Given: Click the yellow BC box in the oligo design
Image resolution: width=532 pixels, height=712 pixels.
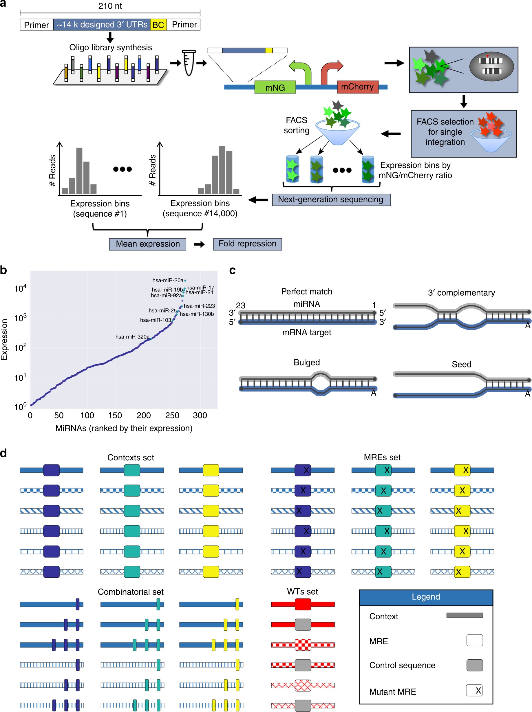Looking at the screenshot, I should (158, 25).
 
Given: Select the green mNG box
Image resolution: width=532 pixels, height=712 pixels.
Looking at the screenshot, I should (275, 87).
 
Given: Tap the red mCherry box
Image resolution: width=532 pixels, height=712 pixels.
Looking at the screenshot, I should (357, 87).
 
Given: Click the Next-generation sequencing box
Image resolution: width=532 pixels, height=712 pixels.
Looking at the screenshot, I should (331, 199).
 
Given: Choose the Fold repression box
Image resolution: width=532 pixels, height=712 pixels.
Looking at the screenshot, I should (247, 244).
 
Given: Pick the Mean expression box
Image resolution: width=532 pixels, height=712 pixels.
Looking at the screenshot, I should (147, 244).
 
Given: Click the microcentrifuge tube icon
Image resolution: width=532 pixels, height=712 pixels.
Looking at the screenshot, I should (189, 63).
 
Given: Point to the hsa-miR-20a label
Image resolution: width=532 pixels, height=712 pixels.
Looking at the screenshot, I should (168, 280).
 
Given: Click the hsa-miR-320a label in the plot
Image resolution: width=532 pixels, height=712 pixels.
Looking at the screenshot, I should (132, 337).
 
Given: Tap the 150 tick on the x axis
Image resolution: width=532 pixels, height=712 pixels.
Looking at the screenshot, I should (115, 415).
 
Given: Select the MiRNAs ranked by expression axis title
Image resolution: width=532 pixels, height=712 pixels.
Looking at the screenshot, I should (124, 428).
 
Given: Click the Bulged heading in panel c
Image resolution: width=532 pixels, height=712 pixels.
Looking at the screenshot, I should (307, 363).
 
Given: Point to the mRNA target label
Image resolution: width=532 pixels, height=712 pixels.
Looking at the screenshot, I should (307, 332).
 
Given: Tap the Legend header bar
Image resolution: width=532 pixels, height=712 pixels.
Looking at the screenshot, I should (426, 597).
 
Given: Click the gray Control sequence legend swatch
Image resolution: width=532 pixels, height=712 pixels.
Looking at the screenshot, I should (474, 665).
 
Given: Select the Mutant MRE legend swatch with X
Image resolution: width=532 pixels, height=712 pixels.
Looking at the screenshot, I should (474, 691).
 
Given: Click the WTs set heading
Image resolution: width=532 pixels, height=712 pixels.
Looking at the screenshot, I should (302, 592).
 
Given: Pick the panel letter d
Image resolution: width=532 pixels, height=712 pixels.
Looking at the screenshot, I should (3, 453).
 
